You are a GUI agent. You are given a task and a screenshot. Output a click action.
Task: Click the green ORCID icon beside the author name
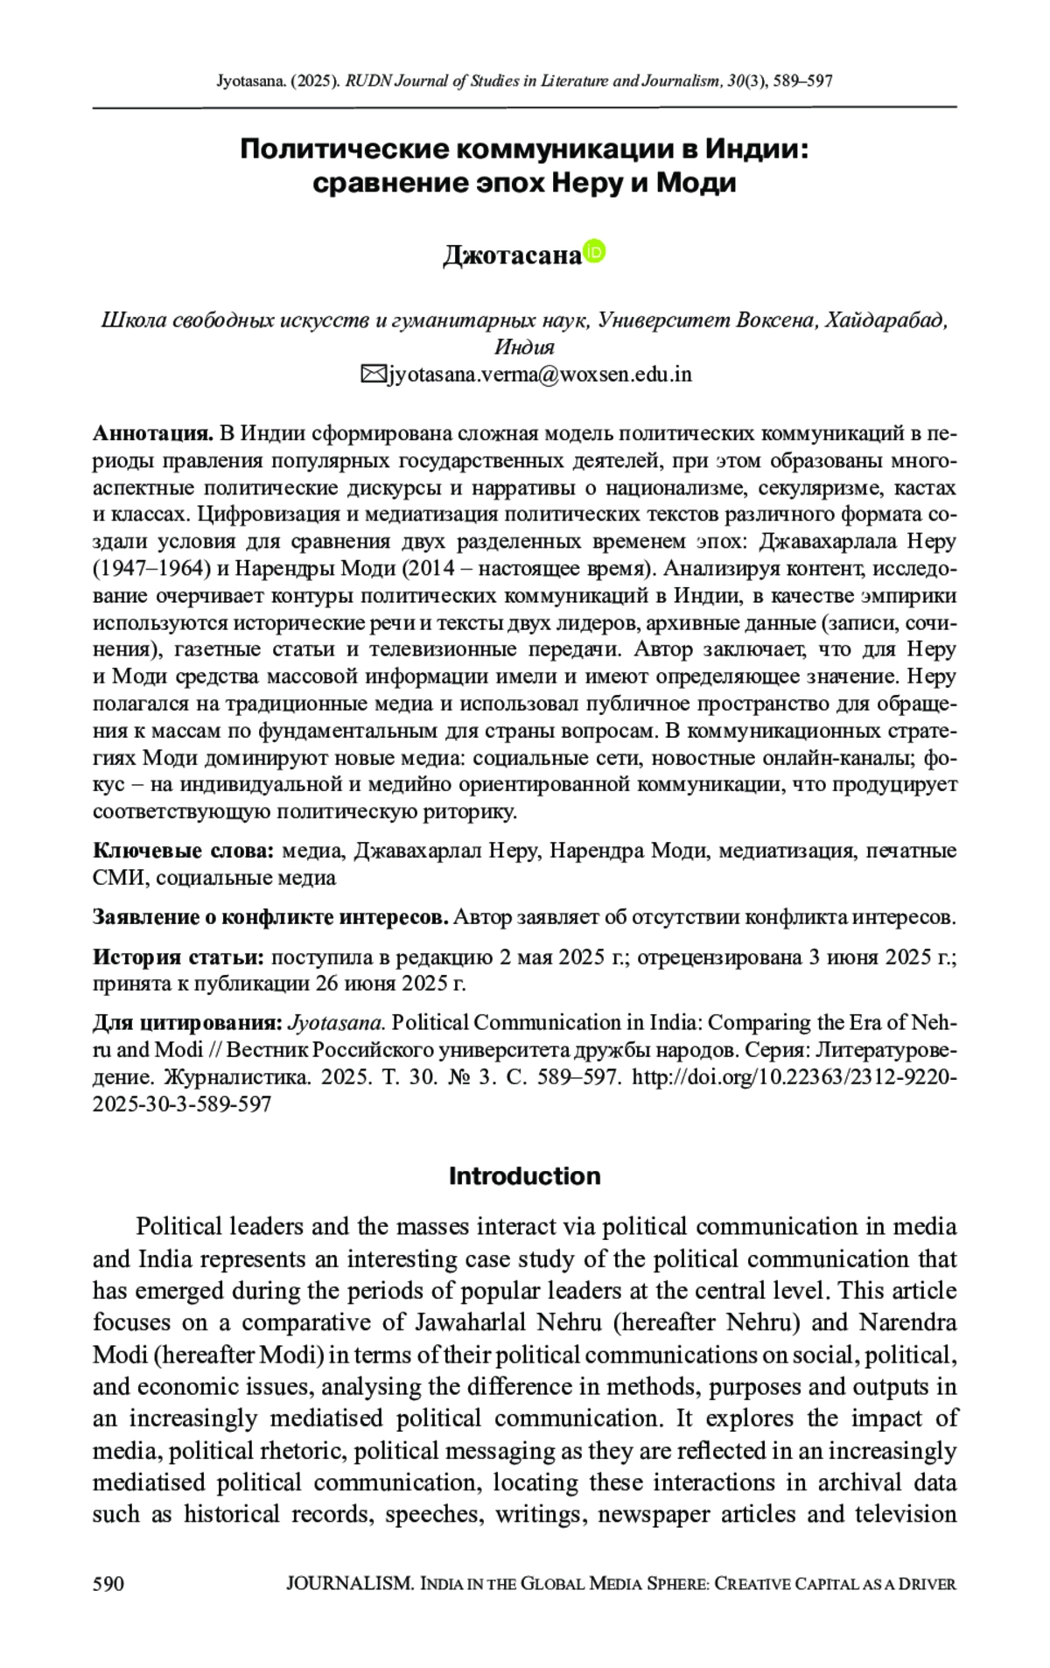594,251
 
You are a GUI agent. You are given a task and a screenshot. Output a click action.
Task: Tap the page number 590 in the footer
108,1583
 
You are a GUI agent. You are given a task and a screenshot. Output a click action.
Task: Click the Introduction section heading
524,1175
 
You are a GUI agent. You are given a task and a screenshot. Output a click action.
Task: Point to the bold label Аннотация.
153,433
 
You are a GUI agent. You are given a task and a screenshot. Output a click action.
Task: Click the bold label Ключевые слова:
184,851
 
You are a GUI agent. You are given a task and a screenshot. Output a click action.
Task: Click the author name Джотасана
512,255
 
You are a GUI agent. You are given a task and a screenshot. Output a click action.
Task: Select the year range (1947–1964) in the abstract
151,569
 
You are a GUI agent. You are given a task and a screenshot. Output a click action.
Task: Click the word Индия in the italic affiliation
524,347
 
